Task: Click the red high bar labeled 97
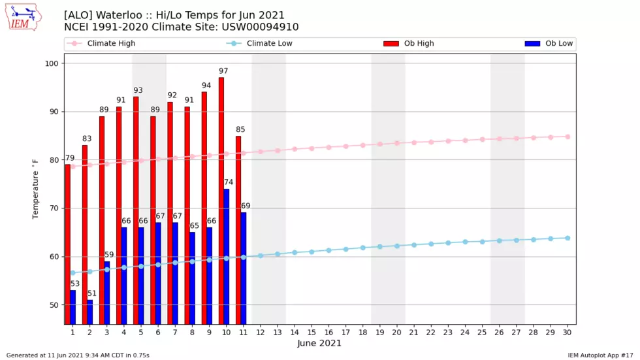pos(221,201)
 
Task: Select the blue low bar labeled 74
pos(227,257)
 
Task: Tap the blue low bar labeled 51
pos(90,312)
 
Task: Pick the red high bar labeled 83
pos(84,235)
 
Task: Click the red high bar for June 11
pos(238,230)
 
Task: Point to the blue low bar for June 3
pos(107,293)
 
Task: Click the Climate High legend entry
pos(101,43)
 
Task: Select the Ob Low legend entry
pos(549,43)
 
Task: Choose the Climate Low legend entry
pos(259,43)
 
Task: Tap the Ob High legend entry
pos(409,43)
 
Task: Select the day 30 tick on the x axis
pos(568,333)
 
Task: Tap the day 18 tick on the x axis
pos(362,333)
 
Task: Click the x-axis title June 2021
pos(319,343)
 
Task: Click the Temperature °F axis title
pos(35,189)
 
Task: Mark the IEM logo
pos(24,18)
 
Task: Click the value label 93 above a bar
pos(138,90)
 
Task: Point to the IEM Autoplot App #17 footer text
pos(600,355)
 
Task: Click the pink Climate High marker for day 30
pos(568,137)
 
